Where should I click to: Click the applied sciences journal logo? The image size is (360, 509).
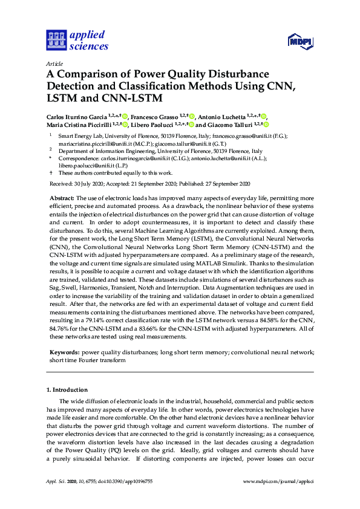(x=77, y=40)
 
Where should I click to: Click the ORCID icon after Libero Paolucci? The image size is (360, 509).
(x=191, y=125)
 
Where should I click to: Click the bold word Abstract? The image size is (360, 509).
(x=61, y=198)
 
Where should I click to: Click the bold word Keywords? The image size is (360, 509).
(x=64, y=351)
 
